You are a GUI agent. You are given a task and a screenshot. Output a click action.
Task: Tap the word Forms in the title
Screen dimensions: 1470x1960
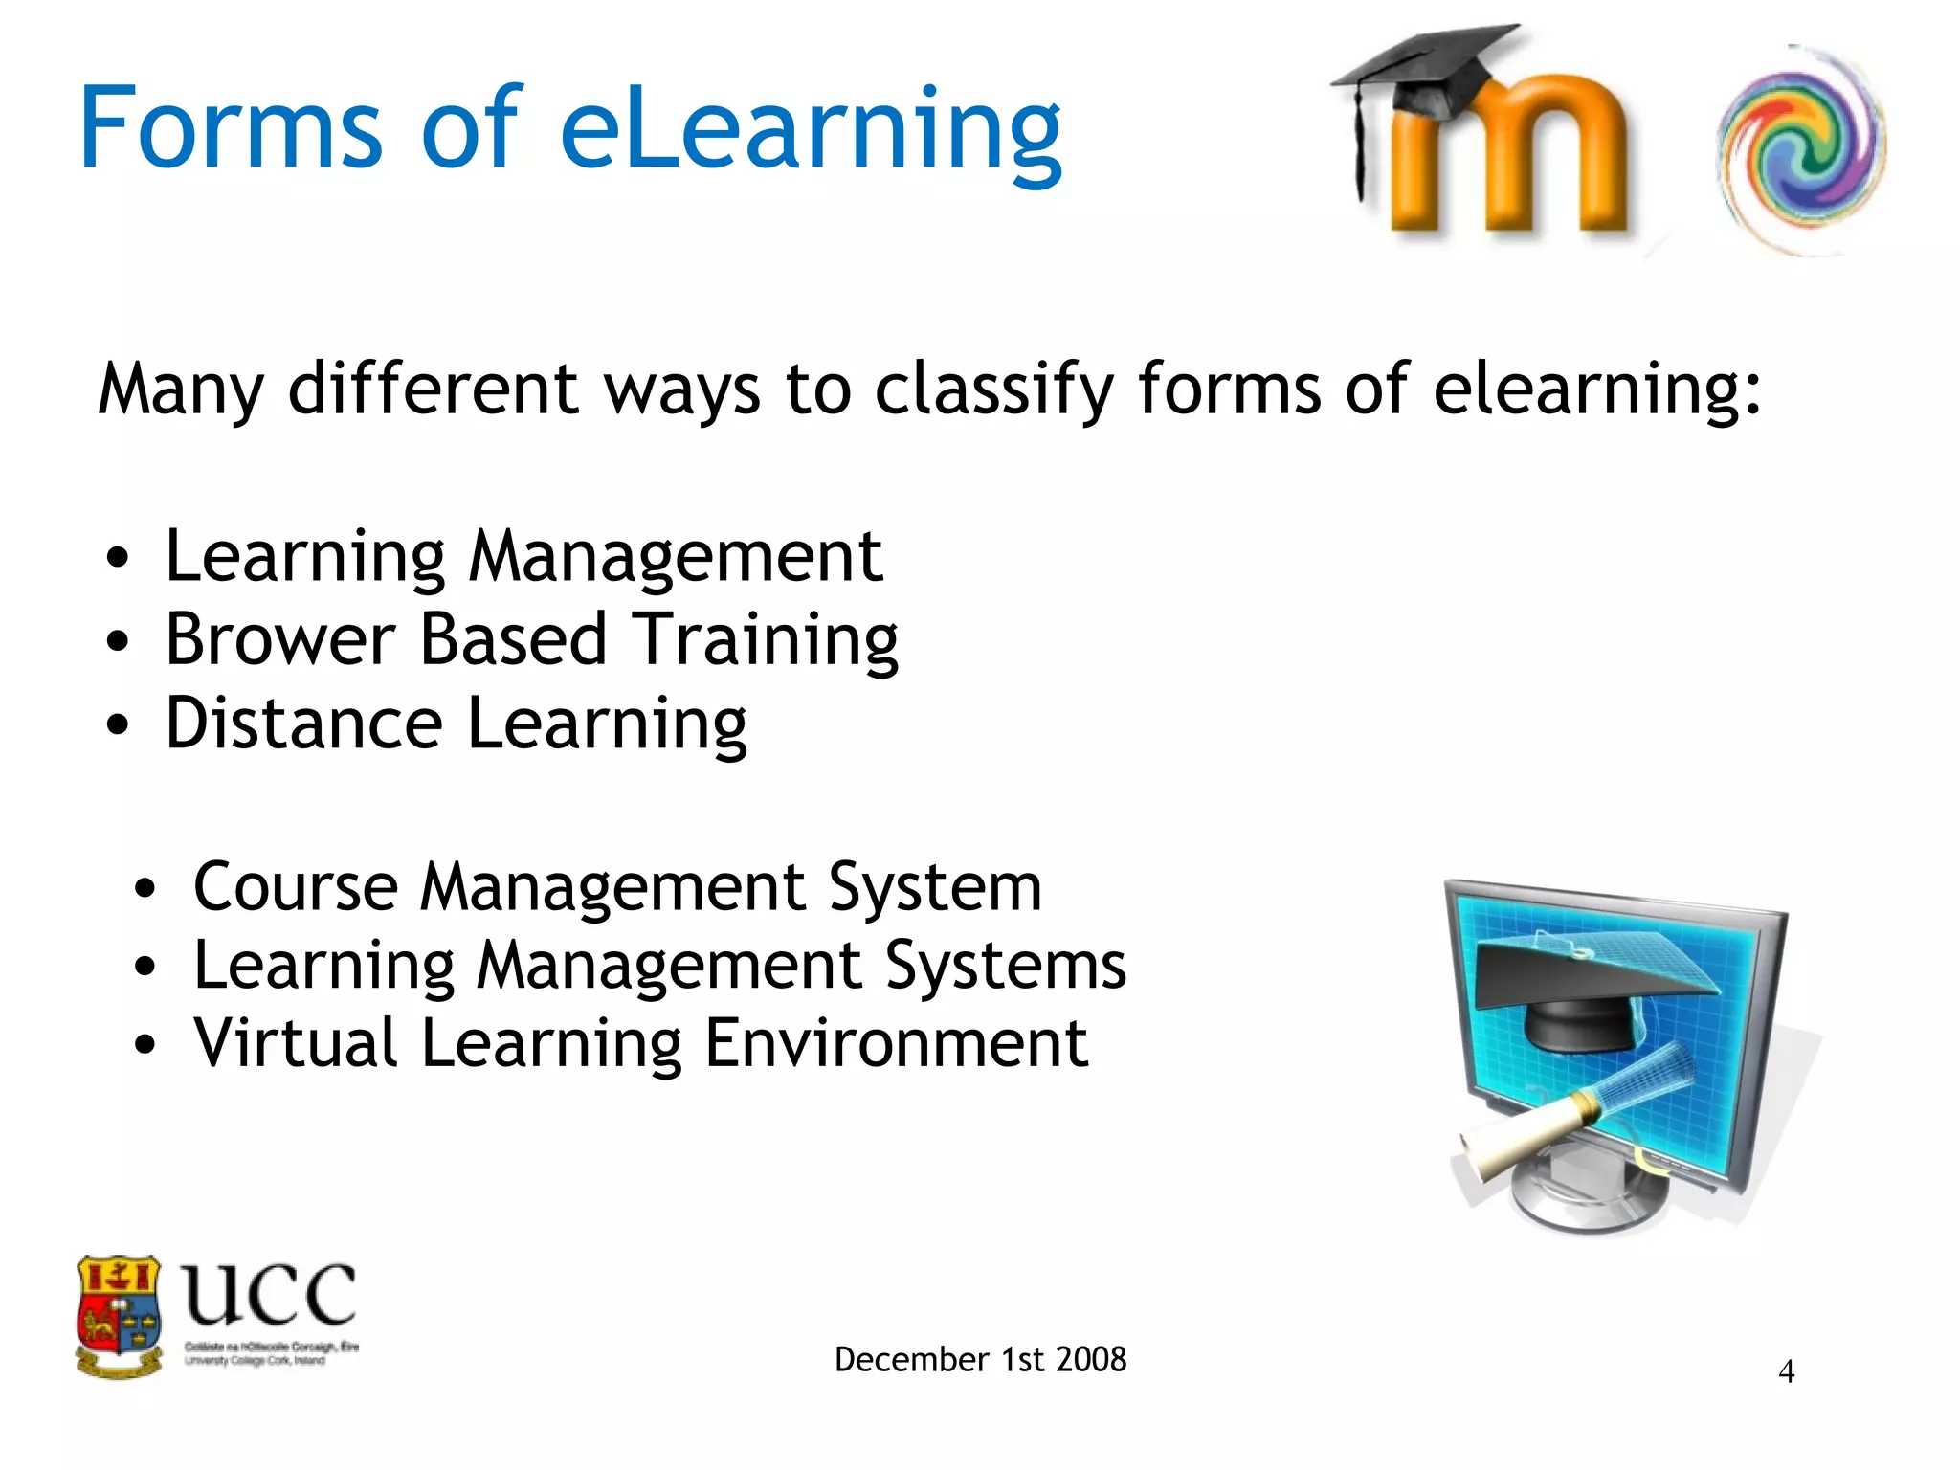tap(231, 129)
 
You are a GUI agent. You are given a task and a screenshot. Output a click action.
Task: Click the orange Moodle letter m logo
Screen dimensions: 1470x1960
tap(1512, 158)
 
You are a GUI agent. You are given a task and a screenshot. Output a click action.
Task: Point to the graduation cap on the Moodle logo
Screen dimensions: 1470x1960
tap(1426, 72)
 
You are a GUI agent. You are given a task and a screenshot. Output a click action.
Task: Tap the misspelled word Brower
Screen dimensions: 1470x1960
tap(280, 639)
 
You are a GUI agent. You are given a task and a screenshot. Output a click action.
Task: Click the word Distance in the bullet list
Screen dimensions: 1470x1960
tap(303, 724)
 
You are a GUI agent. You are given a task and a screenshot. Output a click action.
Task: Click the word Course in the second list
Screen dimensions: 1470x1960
tap(295, 887)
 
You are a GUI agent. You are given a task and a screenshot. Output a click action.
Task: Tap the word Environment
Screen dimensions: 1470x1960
tap(896, 1043)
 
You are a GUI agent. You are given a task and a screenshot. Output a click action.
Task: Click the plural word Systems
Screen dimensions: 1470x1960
tap(1005, 967)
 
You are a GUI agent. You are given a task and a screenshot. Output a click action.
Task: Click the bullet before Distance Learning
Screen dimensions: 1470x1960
tap(117, 724)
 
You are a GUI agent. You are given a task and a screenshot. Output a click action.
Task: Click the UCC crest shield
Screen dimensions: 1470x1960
tap(119, 1316)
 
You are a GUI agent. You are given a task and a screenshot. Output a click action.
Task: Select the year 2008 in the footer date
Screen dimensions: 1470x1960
tap(1091, 1360)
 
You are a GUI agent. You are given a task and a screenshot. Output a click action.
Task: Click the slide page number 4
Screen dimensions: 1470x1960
tap(1786, 1372)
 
